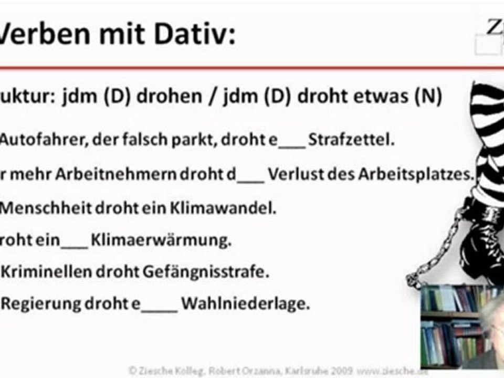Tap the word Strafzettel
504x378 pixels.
tap(350, 141)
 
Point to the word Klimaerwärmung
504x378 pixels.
tap(161, 241)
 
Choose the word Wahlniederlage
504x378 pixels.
tap(245, 303)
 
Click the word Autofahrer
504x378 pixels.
tap(37, 141)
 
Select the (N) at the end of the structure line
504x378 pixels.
tap(428, 98)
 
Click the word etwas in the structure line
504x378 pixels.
tap(384, 98)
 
